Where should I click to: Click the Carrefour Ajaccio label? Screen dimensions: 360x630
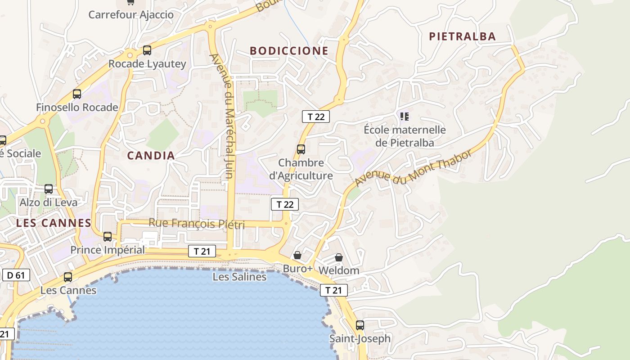(x=131, y=14)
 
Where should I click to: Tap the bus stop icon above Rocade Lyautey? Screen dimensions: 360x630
(x=147, y=50)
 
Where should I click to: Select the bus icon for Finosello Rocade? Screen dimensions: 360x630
(x=77, y=94)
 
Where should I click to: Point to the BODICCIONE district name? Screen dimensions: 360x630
(x=289, y=51)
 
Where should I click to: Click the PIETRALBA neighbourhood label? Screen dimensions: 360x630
(x=462, y=36)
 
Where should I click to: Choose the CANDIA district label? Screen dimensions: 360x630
(x=151, y=156)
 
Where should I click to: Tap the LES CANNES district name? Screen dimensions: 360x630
(x=54, y=223)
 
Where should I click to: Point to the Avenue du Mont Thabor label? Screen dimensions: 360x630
(x=413, y=168)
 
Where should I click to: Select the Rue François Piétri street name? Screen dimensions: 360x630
(x=197, y=223)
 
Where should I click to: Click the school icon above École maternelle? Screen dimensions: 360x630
(x=405, y=117)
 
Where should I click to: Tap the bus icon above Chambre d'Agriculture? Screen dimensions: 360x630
(x=301, y=149)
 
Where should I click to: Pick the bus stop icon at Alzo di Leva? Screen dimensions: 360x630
(x=49, y=189)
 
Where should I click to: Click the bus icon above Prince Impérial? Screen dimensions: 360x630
(x=108, y=236)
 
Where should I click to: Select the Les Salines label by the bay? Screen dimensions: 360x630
(x=239, y=277)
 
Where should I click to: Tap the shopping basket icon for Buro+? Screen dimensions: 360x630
(x=297, y=255)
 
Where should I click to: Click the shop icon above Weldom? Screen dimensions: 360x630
(x=339, y=257)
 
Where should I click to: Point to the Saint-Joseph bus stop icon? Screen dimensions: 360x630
(x=360, y=325)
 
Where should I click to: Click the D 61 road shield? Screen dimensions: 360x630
(x=16, y=275)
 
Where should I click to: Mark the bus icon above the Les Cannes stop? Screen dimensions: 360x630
(x=68, y=277)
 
